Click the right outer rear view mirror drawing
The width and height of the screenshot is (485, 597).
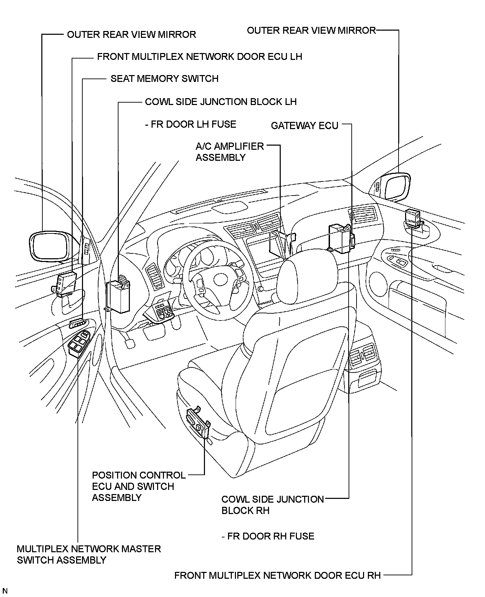coord(397,186)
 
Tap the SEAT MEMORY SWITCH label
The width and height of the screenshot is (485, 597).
coord(164,79)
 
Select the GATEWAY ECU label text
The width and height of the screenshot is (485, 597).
coord(305,126)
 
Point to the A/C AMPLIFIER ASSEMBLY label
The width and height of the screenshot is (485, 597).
coord(229,152)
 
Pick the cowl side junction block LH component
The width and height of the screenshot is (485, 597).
coord(118,296)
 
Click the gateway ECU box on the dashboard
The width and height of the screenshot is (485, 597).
coord(341,238)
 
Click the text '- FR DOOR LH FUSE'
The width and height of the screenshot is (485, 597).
coord(190,124)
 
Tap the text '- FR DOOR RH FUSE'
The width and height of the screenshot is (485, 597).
coord(268,536)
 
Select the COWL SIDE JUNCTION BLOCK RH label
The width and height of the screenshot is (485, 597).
coord(272,505)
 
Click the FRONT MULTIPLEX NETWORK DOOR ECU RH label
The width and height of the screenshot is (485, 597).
coord(277,575)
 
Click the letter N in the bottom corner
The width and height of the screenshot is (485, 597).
coord(5,591)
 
